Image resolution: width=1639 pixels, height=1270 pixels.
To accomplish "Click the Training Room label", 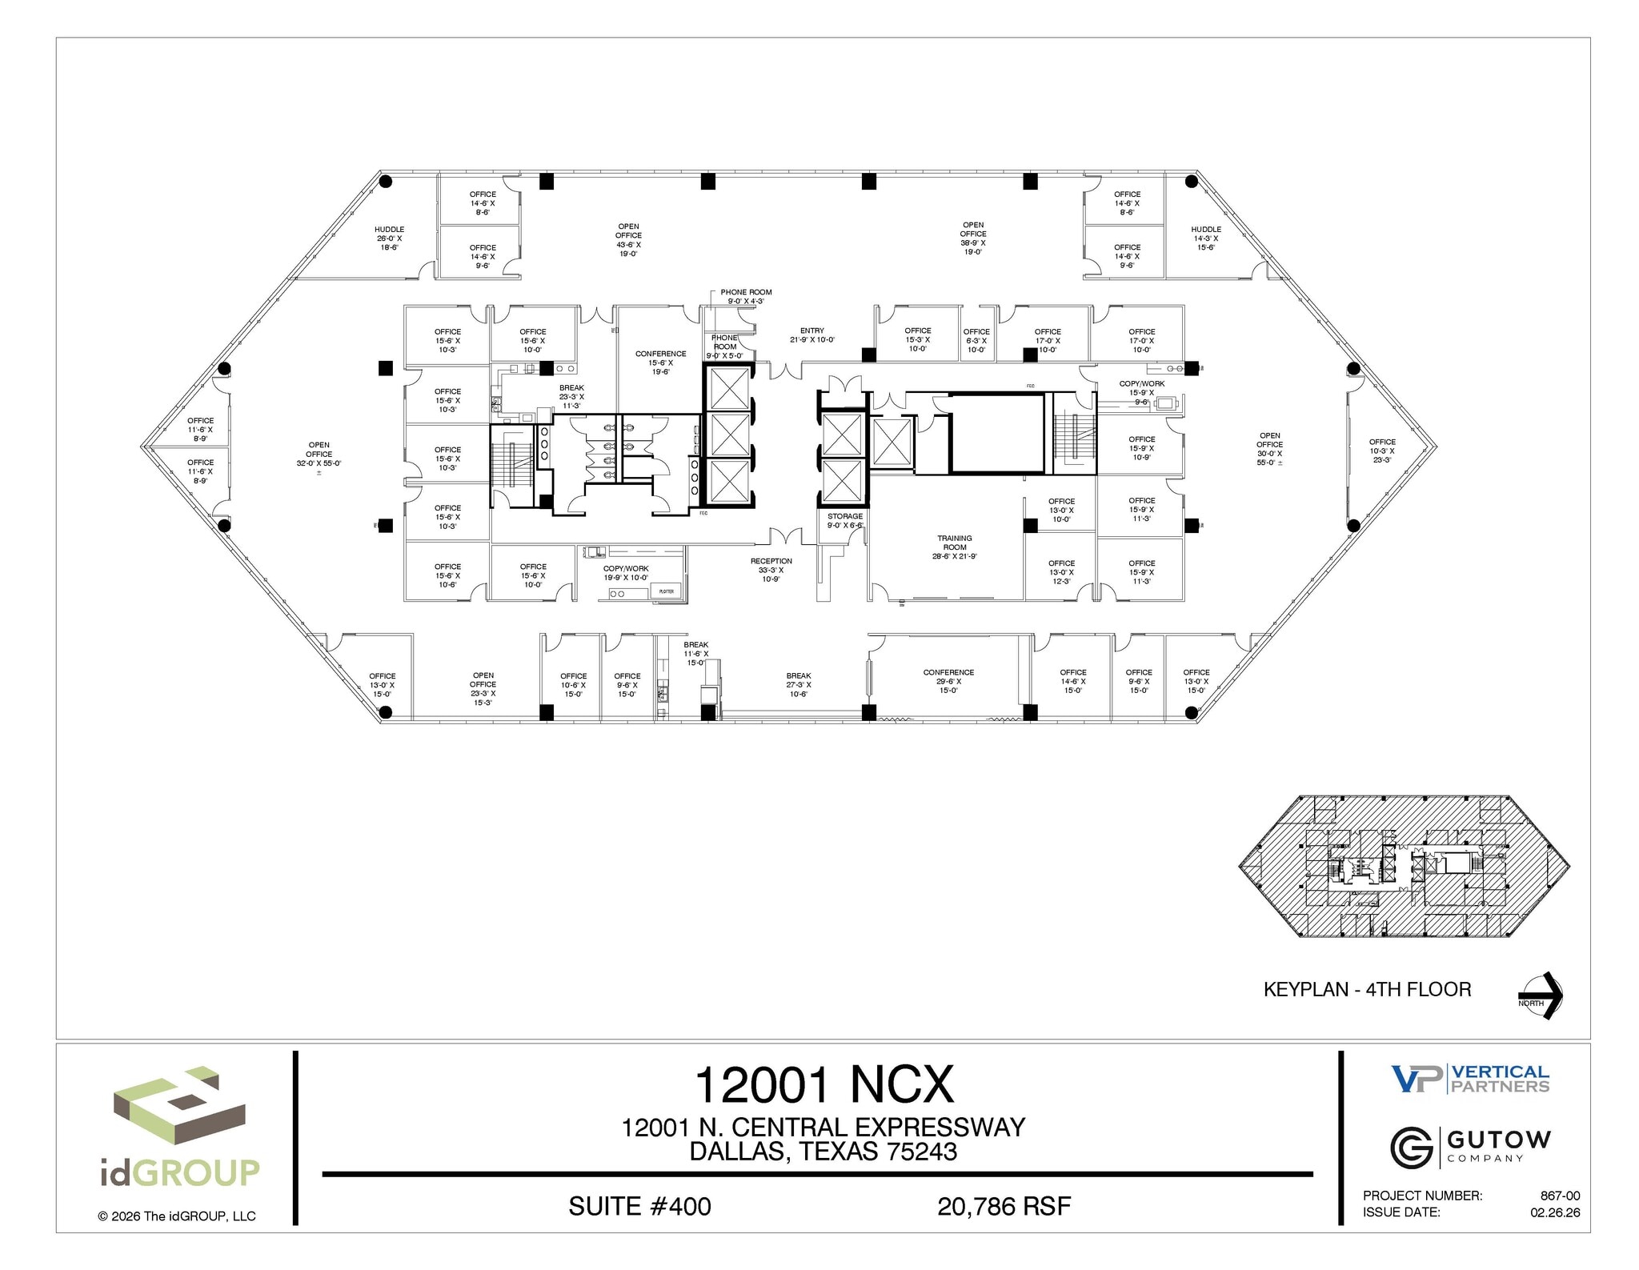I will pos(954,547).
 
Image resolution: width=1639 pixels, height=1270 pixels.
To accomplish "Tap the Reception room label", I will pos(771,570).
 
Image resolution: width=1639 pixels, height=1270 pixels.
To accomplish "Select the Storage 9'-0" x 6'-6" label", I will pos(845,521).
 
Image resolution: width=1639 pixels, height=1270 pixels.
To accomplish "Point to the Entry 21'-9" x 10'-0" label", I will pos(811,335).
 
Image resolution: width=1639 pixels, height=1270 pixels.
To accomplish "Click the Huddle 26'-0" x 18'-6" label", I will pos(390,238).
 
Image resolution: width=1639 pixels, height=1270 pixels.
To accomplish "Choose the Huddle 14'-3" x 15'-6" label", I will pos(1205,238).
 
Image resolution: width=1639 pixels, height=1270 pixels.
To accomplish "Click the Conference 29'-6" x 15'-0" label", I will pos(948,681).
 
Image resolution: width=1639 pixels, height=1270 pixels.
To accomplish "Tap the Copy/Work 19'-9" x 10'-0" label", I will pos(626,573).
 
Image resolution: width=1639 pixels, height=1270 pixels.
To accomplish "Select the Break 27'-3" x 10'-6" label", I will pos(798,684).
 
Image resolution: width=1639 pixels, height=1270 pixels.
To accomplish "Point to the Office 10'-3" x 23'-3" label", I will pos(1381,451).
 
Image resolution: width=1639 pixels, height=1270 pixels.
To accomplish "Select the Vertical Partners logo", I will pos(1470,1079).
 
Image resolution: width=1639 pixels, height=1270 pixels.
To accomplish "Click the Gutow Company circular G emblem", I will pos(1413,1147).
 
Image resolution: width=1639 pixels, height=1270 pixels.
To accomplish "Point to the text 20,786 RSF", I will pos(1004,1206).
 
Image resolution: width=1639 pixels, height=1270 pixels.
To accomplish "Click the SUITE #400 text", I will pos(639,1206).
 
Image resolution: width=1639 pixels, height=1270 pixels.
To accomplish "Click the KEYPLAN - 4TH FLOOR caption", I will pos(1367,990).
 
